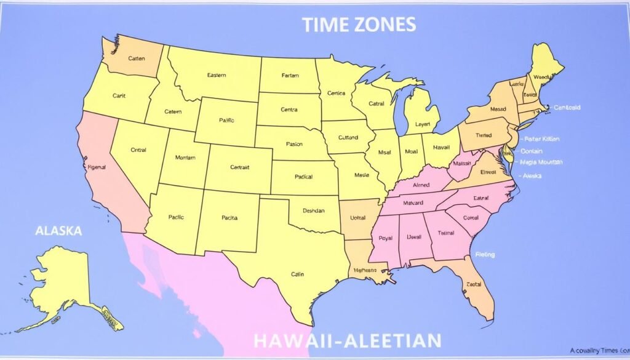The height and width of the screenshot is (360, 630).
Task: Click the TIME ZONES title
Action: click(359, 25)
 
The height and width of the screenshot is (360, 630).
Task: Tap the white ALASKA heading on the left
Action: click(58, 231)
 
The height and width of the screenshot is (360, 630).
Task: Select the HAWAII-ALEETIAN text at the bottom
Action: click(346, 340)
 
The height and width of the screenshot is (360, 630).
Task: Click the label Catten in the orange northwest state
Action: click(136, 58)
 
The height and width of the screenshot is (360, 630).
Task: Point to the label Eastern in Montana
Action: click(216, 75)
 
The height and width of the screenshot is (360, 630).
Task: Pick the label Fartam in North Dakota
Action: click(290, 76)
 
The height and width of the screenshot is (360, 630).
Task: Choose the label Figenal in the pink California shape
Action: click(97, 167)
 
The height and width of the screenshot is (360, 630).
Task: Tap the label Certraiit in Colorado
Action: click(239, 167)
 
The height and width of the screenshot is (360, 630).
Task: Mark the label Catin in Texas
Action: click(298, 275)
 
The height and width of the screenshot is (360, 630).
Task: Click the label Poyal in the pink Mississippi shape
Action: click(386, 238)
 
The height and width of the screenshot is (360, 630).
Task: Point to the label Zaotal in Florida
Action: click(474, 284)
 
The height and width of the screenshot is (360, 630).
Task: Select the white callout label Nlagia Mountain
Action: click(541, 162)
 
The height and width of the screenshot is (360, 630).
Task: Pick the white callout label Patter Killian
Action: click(541, 139)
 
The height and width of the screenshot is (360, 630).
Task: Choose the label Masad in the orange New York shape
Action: click(498, 110)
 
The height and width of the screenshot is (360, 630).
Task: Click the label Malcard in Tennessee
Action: click(413, 203)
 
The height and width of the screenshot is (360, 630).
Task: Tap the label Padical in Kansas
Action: click(303, 177)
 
